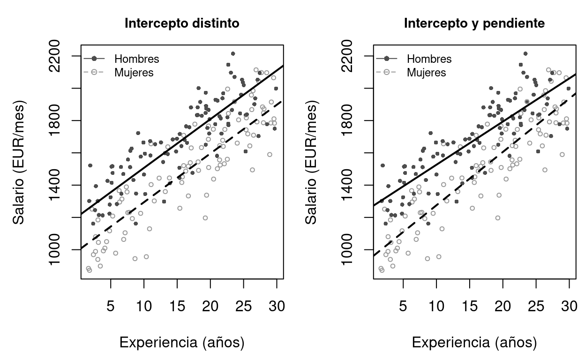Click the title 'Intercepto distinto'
[x=182, y=23]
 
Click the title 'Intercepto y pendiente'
[x=474, y=23]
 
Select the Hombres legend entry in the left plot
[x=136, y=59]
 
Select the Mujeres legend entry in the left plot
[x=134, y=73]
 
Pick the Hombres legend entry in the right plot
[x=429, y=59]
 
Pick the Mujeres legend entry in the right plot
[x=426, y=73]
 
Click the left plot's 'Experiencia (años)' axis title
[x=182, y=343]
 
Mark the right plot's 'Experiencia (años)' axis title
[x=474, y=343]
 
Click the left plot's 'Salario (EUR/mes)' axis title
[x=19, y=162]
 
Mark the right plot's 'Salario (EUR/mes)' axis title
[x=311, y=162]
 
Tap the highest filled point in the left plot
[x=233, y=53]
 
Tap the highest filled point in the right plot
[x=525, y=53]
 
